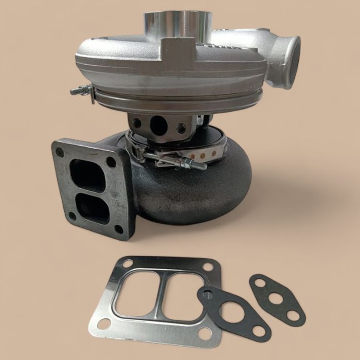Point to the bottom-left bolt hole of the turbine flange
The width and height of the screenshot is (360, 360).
click(x=73, y=216)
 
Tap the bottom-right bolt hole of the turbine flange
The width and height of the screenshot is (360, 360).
click(x=119, y=229)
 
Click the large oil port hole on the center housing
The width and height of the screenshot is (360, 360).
click(x=158, y=125)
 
